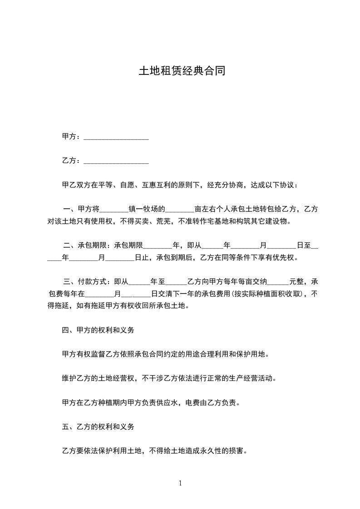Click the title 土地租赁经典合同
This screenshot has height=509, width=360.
click(x=182, y=71)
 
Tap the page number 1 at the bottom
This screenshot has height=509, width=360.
click(x=180, y=483)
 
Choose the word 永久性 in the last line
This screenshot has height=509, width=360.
click(x=212, y=451)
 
